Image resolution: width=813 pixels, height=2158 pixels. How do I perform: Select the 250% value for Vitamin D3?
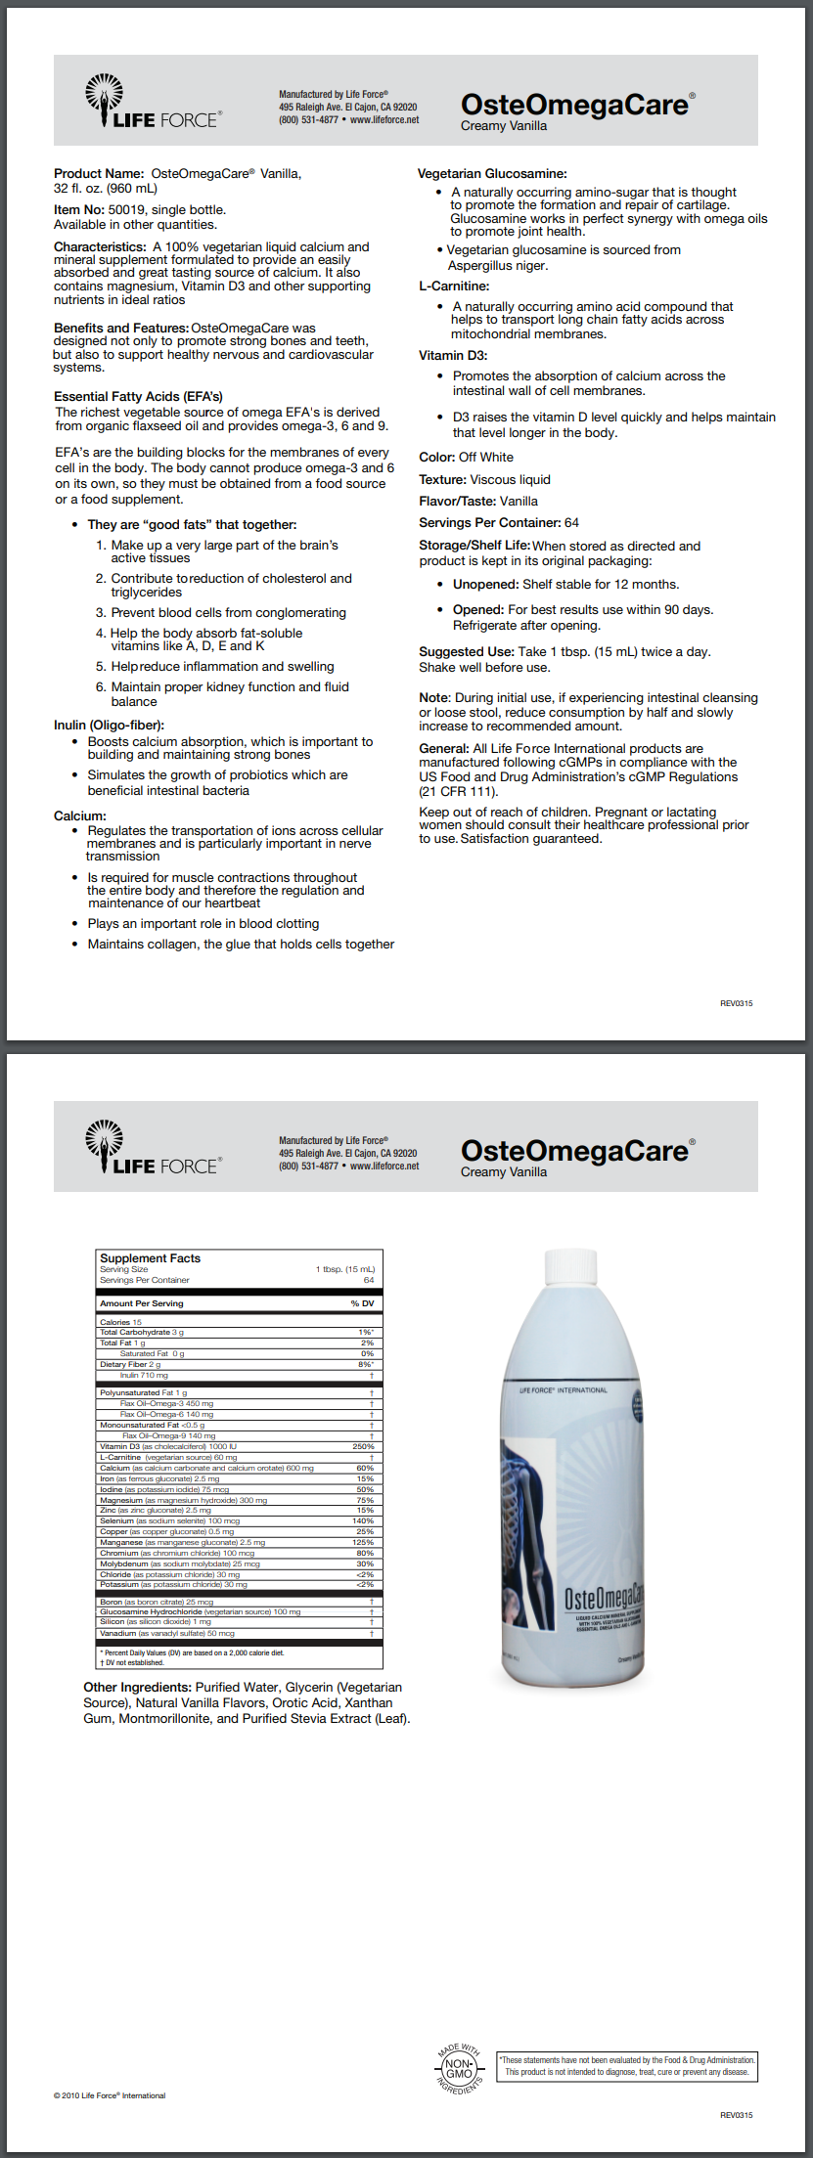click(363, 1446)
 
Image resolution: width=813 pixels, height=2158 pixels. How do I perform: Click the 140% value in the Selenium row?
click(363, 1520)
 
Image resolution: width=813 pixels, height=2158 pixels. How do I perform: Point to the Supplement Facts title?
click(150, 1258)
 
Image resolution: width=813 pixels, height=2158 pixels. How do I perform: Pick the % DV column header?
click(362, 1303)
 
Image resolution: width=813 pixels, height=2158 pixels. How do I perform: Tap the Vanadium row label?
click(117, 1633)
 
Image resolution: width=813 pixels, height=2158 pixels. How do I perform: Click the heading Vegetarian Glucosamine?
click(492, 174)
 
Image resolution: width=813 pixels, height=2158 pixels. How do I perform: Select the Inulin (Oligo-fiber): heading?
click(109, 725)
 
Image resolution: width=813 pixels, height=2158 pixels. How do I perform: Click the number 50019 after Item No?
click(125, 210)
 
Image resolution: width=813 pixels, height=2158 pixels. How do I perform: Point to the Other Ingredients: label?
click(137, 1687)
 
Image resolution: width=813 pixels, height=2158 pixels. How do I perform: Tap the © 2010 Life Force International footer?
click(110, 2095)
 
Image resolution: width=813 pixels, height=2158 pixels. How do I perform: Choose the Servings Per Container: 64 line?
click(499, 522)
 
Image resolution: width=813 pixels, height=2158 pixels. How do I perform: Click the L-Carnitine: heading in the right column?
click(454, 286)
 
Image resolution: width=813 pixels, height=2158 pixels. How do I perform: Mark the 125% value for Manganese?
click(363, 1542)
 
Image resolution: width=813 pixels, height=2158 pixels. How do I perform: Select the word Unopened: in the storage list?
click(485, 585)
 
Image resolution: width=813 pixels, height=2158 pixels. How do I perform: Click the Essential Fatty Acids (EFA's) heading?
click(138, 396)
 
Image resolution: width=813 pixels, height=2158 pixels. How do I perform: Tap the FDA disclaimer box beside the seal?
click(627, 2066)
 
